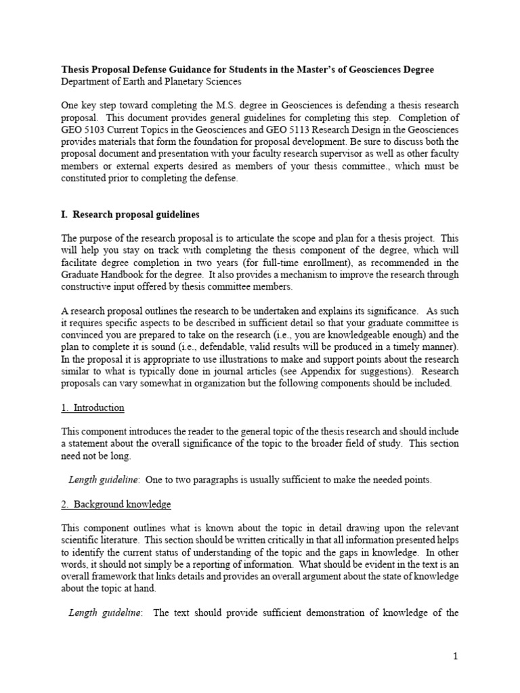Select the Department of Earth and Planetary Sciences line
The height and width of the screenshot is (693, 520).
pyautogui.click(x=151, y=82)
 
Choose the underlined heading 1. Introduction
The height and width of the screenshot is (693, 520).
pyautogui.click(x=93, y=407)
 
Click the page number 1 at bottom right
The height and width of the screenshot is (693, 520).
pyautogui.click(x=456, y=656)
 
